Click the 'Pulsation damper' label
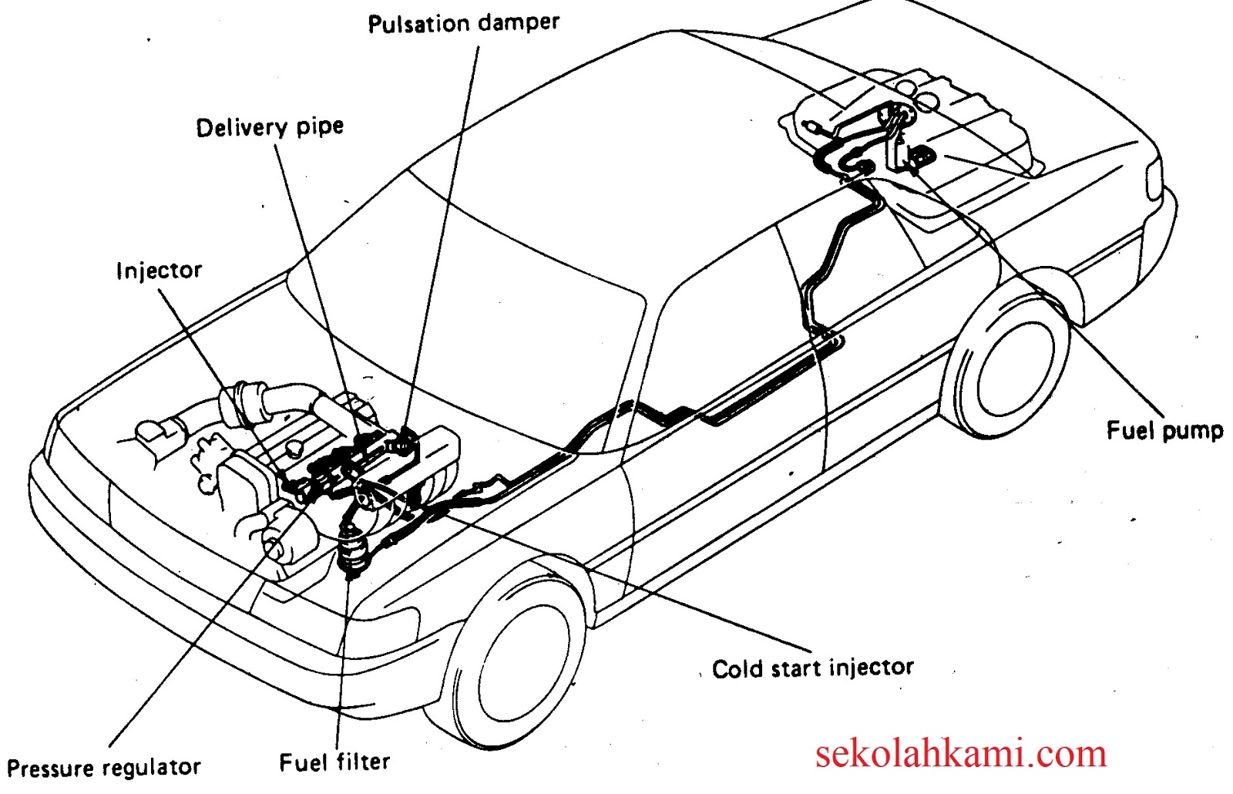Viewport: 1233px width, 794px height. click(x=463, y=23)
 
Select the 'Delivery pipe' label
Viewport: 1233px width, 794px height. click(x=269, y=127)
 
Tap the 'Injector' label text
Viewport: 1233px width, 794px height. click(x=159, y=271)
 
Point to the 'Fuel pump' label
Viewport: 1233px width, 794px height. click(x=1164, y=430)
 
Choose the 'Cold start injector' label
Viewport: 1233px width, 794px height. click(x=812, y=668)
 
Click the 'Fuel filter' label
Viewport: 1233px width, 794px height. click(x=334, y=762)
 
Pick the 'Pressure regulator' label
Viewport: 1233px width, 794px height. click(x=103, y=768)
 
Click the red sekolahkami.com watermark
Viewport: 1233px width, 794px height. click(x=960, y=753)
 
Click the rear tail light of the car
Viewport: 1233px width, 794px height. click(x=1154, y=179)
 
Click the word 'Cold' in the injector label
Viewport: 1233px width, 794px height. click(x=737, y=668)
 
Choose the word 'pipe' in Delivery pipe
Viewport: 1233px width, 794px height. click(x=319, y=127)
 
